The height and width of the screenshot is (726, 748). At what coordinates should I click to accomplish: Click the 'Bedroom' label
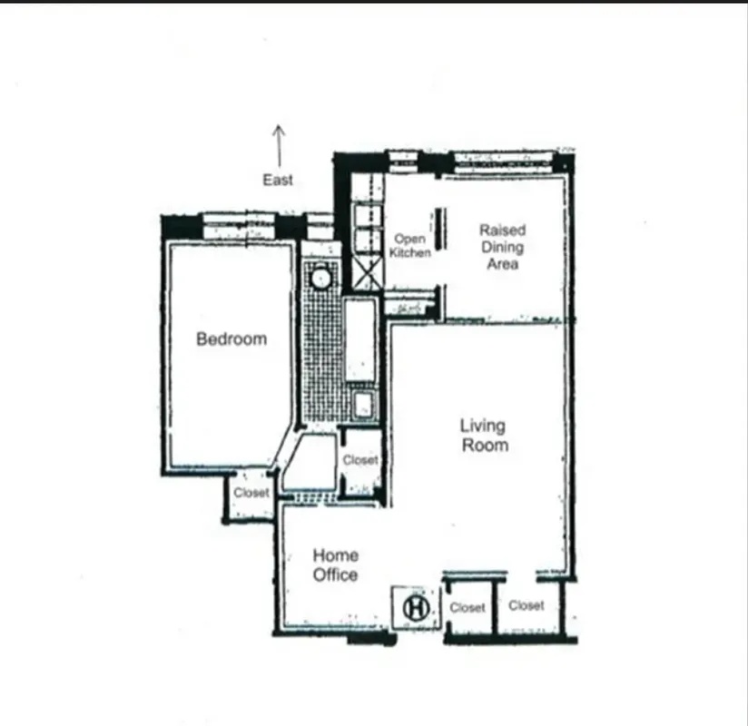pyautogui.click(x=231, y=339)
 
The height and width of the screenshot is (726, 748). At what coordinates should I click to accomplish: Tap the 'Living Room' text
pyautogui.click(x=484, y=435)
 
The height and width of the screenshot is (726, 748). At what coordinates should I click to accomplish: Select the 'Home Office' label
pyautogui.click(x=335, y=564)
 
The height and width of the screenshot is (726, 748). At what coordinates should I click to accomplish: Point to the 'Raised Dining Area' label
pyautogui.click(x=502, y=247)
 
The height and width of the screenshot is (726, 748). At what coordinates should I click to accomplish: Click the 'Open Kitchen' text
pyautogui.click(x=409, y=246)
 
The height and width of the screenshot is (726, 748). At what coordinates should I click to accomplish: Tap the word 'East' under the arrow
pyautogui.click(x=278, y=180)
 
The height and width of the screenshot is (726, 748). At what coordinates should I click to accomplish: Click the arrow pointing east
pyautogui.click(x=279, y=143)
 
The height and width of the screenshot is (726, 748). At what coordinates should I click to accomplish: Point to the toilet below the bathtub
pyautogui.click(x=363, y=405)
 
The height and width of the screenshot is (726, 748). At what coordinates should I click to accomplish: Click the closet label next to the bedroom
pyautogui.click(x=251, y=493)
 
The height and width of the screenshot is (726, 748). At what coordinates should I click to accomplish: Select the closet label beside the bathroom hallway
pyautogui.click(x=360, y=460)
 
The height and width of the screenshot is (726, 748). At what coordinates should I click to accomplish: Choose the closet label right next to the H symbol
pyautogui.click(x=467, y=607)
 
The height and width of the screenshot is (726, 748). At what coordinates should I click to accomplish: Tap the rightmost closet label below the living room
pyautogui.click(x=527, y=605)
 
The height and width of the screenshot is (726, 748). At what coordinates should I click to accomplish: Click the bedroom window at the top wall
pyautogui.click(x=238, y=224)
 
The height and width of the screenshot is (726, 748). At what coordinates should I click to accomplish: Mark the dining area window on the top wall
pyautogui.click(x=503, y=162)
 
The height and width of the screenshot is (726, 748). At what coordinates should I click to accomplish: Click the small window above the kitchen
pyautogui.click(x=401, y=160)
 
